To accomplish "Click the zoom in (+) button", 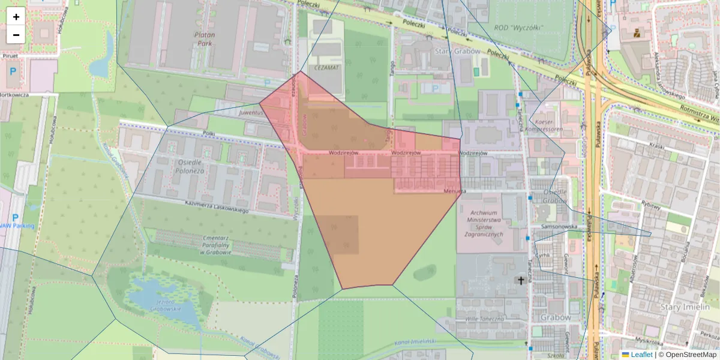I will point(16,17).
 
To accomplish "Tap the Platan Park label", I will point(205,39).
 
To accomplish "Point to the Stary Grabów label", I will point(457,52).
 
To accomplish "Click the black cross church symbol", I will point(521,280).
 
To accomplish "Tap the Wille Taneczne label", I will point(484,319).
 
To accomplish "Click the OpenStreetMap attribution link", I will point(687,355).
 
